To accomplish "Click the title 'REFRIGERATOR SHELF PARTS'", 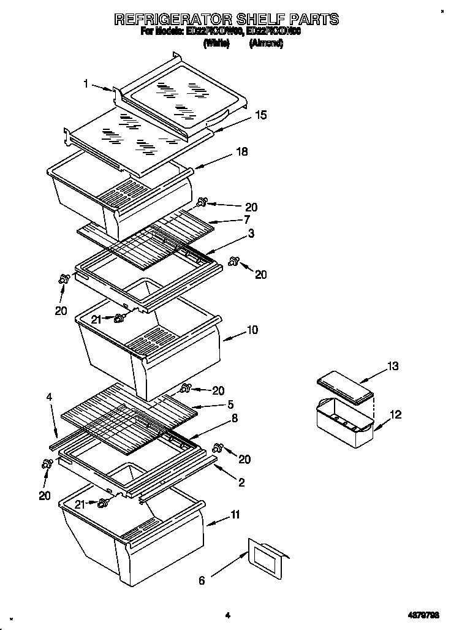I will coord(226,20).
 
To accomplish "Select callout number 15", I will coord(261,115).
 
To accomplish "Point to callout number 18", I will coord(242,152).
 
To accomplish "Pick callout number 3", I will coord(251,233).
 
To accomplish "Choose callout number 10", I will coord(252,330).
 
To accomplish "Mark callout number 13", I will coord(393,366).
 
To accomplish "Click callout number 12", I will coord(396,415).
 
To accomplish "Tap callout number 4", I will coord(49,397).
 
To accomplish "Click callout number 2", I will coord(241,483).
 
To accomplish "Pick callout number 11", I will coord(235,515).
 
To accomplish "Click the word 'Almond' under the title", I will coord(266,44).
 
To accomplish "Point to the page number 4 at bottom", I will coord(227,615).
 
